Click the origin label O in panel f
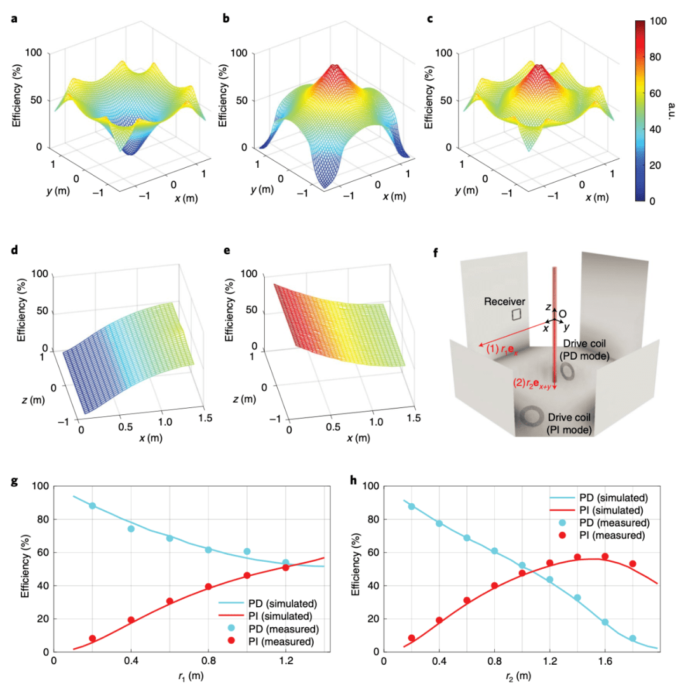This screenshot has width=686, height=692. (563, 313)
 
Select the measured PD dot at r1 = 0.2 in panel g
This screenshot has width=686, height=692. (92, 506)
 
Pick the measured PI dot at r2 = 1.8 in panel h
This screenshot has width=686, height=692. (633, 564)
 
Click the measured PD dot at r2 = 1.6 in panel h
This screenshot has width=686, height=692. (605, 622)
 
